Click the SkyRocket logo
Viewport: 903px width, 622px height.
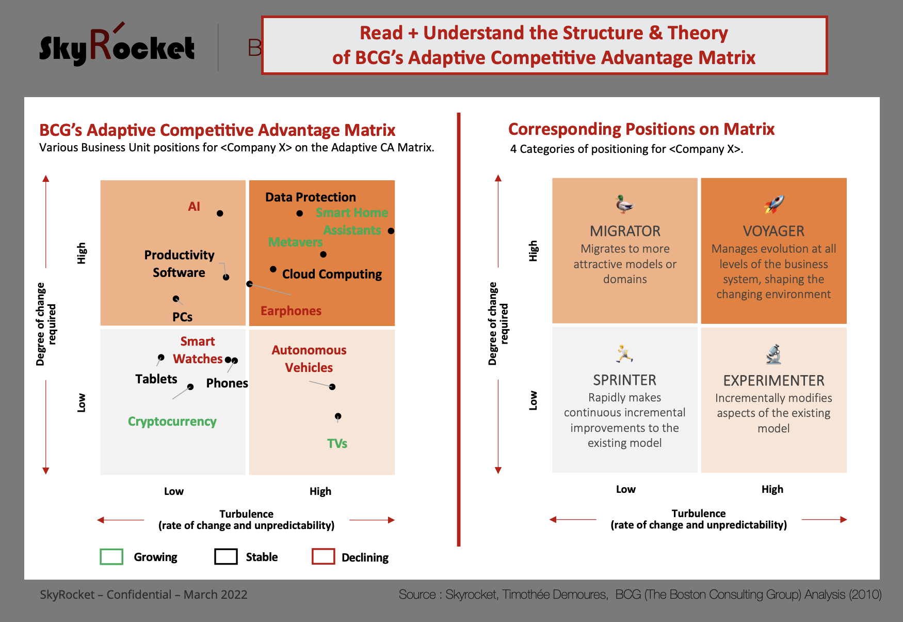pos(117,45)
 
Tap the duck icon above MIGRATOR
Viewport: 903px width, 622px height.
pos(624,204)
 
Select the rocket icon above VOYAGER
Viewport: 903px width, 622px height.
pos(774,204)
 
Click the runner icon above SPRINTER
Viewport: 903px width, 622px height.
pos(624,353)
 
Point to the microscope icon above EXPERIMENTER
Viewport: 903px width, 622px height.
pos(773,354)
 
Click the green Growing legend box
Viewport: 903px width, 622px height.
pos(111,556)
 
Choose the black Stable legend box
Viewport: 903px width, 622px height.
pos(226,556)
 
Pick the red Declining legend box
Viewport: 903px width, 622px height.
pos(324,556)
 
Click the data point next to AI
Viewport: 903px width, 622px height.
pos(220,213)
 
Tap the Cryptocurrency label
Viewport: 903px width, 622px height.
pos(172,422)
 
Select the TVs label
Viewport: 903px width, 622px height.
pos(337,443)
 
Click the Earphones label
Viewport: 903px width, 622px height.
pos(291,310)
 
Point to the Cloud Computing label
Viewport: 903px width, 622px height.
pos(332,274)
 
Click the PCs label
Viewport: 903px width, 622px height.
pos(183,317)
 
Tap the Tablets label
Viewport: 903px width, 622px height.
pos(156,379)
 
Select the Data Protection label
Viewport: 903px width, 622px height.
pos(311,197)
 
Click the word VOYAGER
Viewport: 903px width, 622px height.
pos(773,231)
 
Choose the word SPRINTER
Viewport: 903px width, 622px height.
pos(624,380)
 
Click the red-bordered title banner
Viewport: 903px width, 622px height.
pos(544,45)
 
